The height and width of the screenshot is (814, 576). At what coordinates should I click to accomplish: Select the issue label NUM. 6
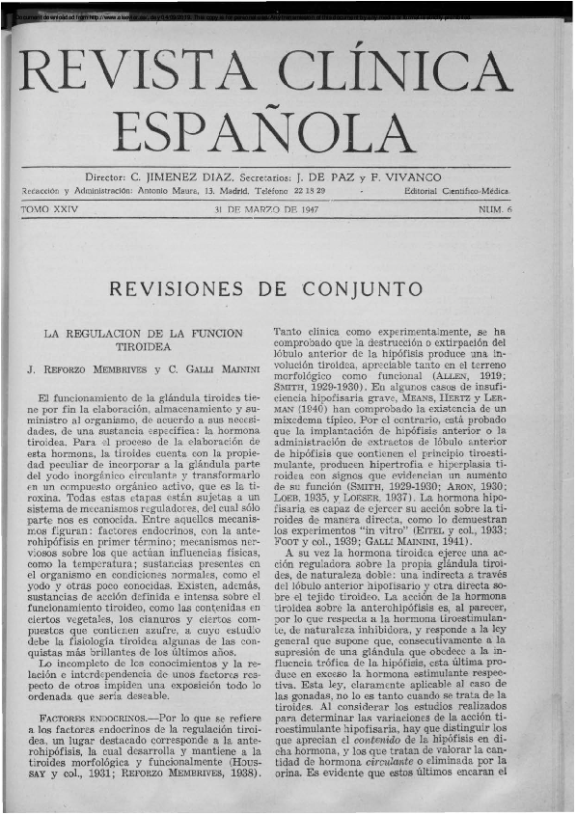[495, 209]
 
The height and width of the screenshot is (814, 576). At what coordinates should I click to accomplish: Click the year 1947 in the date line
[308, 209]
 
